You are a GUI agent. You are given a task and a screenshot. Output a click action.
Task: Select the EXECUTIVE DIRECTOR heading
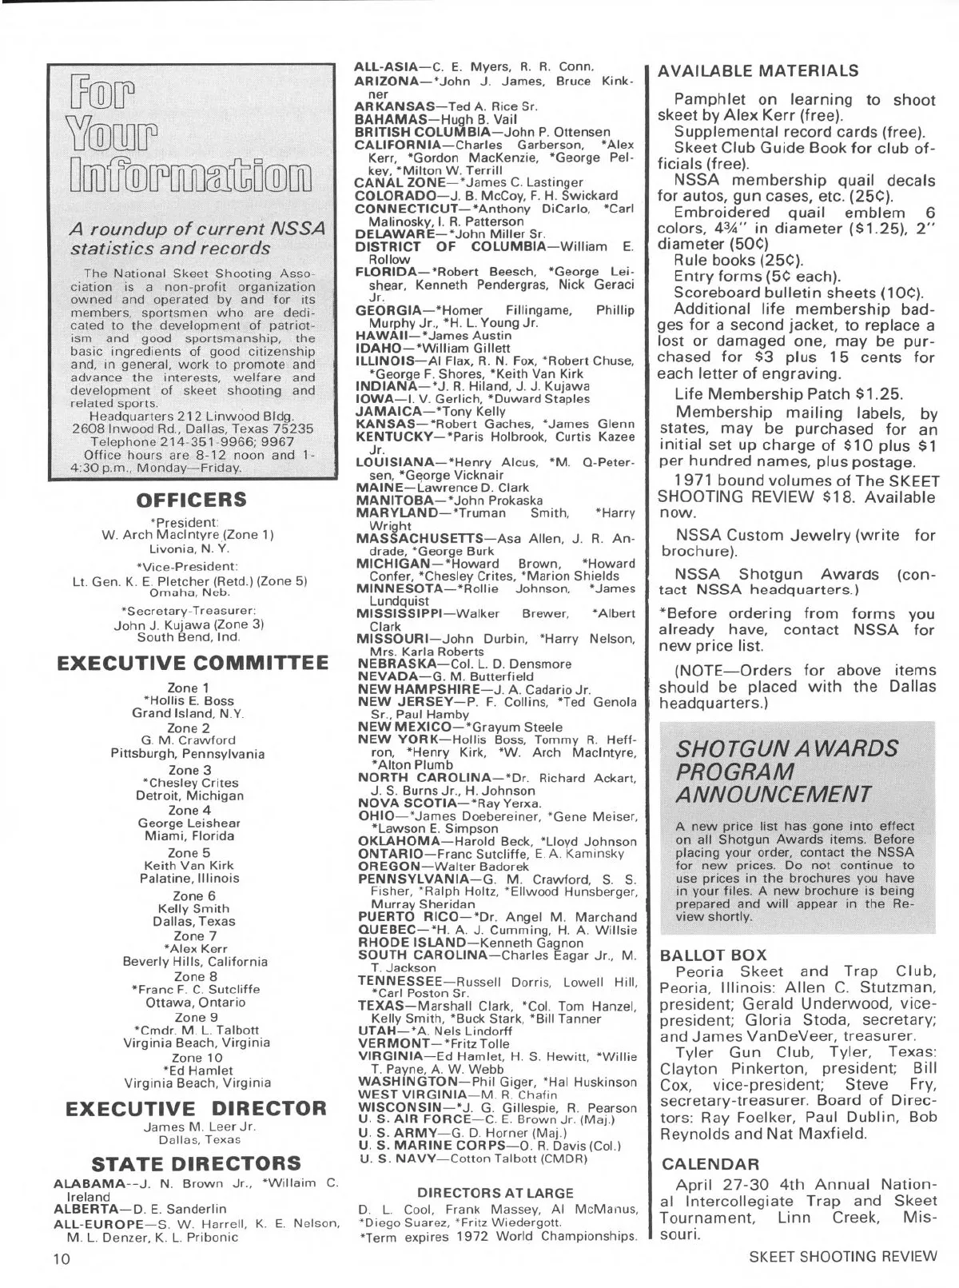[x=196, y=1108]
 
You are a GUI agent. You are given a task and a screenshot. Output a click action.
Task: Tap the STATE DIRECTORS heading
[x=197, y=1162]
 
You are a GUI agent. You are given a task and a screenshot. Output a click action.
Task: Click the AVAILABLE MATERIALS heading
[x=758, y=71]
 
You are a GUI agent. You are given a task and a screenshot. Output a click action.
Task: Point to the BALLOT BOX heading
[x=713, y=955]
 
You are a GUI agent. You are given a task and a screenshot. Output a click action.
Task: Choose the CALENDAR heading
[x=709, y=1163]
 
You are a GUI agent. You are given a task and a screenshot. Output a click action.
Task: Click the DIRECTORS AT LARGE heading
[x=495, y=1193]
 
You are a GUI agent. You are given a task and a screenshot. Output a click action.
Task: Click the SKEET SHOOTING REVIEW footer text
[x=842, y=1256]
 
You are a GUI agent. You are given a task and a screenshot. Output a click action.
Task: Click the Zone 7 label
[x=189, y=935]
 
